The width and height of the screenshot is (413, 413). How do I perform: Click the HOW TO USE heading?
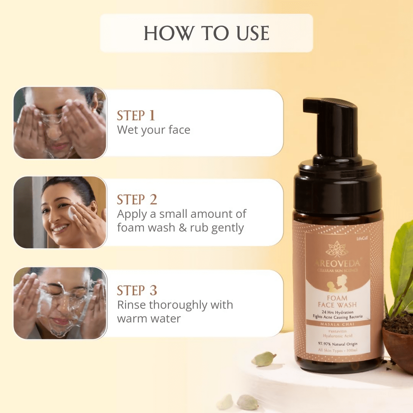[206, 33]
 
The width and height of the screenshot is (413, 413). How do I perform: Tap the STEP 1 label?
[136, 115]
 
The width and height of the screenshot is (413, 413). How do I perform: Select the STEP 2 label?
[137, 199]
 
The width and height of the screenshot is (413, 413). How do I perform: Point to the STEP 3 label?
[137, 290]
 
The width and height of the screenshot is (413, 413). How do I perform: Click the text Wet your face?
[153, 130]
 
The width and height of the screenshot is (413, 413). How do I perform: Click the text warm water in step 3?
[149, 318]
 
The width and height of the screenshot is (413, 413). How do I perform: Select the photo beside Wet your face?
[60, 123]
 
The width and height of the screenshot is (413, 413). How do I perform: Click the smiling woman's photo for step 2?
[60, 212]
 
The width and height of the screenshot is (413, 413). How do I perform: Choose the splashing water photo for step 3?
[60, 303]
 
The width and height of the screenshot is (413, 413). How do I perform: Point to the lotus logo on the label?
[337, 249]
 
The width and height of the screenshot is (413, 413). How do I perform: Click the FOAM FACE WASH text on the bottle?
[337, 301]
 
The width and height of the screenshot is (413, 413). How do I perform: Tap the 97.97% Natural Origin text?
[337, 344]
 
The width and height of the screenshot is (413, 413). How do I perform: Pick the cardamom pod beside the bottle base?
[264, 359]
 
